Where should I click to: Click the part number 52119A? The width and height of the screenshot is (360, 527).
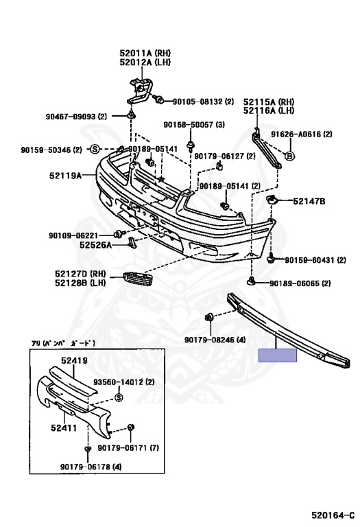click(64, 176)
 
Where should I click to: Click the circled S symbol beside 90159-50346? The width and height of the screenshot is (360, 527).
click(95, 150)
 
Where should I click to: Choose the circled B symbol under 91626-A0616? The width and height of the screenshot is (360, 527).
click(289, 156)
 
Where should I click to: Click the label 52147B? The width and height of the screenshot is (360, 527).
click(309, 201)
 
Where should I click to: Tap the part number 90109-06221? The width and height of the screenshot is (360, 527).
click(75, 235)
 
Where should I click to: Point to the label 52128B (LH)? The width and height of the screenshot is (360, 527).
click(77, 281)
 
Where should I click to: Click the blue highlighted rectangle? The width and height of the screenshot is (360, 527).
click(277, 355)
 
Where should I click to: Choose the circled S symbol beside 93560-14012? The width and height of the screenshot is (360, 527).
click(118, 397)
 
